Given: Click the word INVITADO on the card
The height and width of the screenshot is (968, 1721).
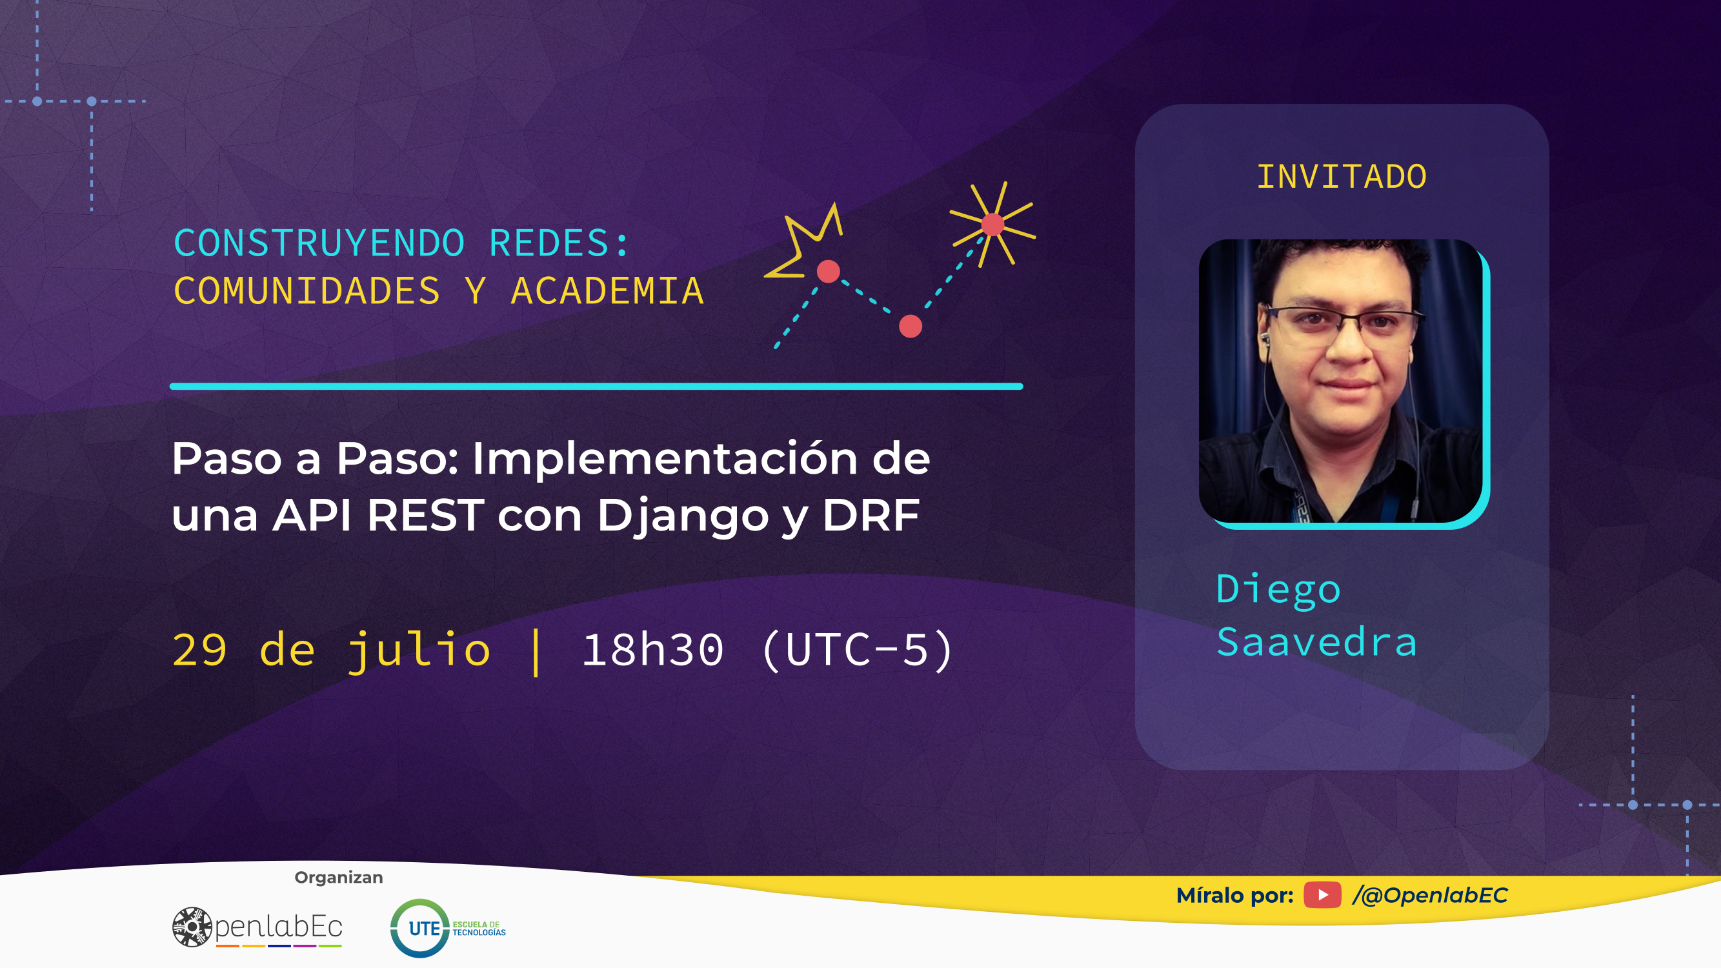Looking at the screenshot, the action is click(1342, 177).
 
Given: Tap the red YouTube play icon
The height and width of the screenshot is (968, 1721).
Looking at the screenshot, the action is click(1322, 894).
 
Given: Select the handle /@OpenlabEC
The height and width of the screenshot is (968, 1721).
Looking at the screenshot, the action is click(1430, 895).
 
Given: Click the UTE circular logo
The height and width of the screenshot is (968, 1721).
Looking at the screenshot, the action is click(419, 928).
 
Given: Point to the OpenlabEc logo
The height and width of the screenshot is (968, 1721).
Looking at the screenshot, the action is click(257, 927).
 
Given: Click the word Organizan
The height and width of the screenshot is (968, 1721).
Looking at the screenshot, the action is click(339, 878).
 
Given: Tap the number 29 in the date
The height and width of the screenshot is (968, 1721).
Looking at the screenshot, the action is click(200, 649).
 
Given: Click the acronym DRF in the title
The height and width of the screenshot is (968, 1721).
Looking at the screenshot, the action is click(871, 515).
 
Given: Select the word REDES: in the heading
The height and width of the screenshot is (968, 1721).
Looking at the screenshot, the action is click(559, 243).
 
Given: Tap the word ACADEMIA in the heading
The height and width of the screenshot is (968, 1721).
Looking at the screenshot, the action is click(607, 291).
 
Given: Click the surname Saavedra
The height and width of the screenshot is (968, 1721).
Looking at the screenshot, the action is click(1316, 643).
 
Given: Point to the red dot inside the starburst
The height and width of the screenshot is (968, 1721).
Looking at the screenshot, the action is click(992, 225).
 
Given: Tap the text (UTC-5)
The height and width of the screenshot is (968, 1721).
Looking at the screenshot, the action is click(857, 649).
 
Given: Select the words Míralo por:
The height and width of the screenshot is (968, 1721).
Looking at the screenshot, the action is click(1234, 895).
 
